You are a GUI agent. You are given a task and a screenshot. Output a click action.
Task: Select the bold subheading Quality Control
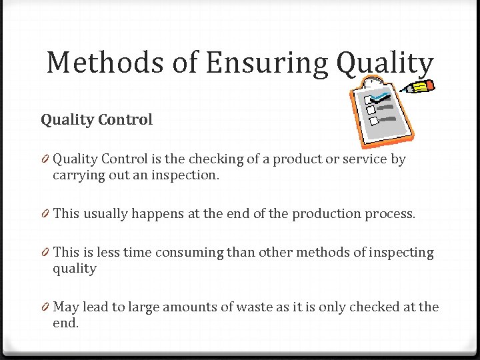(x=97, y=120)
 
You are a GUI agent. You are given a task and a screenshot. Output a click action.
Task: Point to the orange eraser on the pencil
(x=429, y=84)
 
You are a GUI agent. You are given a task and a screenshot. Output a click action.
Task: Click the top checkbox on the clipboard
(x=369, y=99)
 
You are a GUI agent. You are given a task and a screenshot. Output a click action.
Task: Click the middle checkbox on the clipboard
(x=371, y=109)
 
